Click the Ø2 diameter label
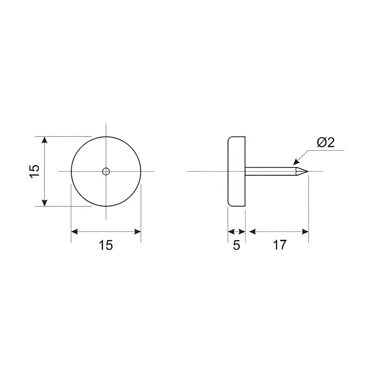point(326,142)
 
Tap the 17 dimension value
point(280,245)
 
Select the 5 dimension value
point(236,245)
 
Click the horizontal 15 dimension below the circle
point(106,245)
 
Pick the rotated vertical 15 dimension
point(34,171)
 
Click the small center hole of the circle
point(106,171)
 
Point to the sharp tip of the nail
point(308,171)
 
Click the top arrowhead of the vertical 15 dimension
point(44,140)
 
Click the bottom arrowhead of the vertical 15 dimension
point(44,203)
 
